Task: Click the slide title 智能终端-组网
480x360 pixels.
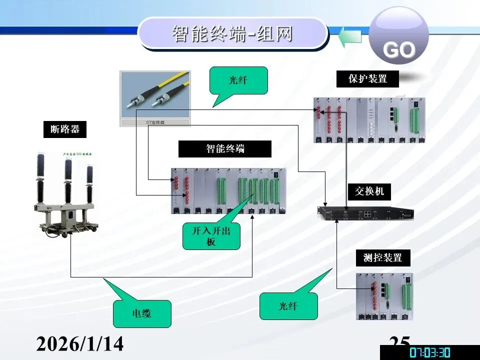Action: click(232, 34)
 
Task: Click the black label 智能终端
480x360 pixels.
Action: click(225, 149)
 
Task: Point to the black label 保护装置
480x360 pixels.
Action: click(367, 78)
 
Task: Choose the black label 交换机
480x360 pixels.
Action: click(369, 190)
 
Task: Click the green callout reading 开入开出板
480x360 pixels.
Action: click(211, 236)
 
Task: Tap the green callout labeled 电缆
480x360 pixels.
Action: click(142, 313)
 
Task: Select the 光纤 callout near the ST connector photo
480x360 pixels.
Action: click(239, 80)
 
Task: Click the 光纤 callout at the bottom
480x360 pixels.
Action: click(288, 306)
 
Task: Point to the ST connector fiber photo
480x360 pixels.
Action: click(155, 97)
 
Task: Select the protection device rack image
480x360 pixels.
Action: click(369, 120)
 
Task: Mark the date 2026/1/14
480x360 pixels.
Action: click(80, 344)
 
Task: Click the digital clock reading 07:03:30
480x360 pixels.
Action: click(430, 352)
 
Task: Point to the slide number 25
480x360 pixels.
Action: click(399, 342)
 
